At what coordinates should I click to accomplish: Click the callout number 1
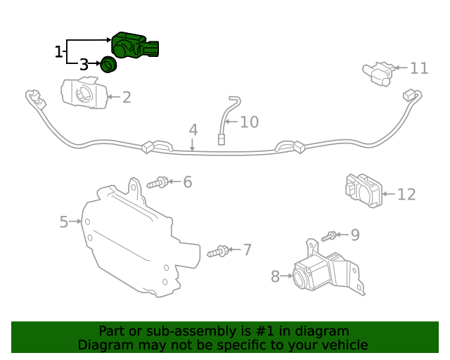pos(58,51)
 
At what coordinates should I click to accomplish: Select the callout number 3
pos(84,65)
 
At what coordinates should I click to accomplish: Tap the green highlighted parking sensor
pos(134,46)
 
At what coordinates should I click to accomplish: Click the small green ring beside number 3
pos(108,65)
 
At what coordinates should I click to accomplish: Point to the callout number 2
pos(127,97)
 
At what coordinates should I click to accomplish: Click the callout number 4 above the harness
pos(193,130)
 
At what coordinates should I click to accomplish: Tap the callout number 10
pos(249,122)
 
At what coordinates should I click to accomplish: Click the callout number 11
pos(419,68)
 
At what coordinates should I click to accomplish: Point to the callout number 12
pos(406,195)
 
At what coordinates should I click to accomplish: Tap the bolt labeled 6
pos(157,184)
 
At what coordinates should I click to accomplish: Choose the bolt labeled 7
pos(218,251)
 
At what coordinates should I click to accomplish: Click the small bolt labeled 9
pos(330,236)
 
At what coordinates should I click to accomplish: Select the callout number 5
pos(64,222)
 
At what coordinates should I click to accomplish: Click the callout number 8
pos(275,276)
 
